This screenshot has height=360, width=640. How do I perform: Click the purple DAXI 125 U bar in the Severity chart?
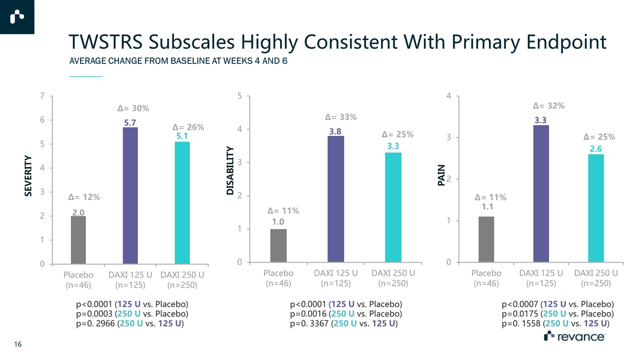tap(130, 195)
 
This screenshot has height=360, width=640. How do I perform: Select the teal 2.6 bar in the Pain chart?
tap(595, 208)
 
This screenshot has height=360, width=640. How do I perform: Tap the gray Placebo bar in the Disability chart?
tap(278, 245)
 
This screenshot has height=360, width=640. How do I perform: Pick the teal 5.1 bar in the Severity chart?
tap(182, 202)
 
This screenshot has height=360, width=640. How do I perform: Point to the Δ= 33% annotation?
tap(340, 117)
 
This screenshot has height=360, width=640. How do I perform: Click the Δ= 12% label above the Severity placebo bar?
tap(84, 197)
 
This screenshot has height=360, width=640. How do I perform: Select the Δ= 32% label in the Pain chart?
tap(548, 105)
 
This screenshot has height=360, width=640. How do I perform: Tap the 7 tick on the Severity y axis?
tap(43, 95)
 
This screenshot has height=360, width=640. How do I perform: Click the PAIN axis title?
tap(441, 176)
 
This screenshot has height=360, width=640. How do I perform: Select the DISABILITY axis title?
tap(229, 170)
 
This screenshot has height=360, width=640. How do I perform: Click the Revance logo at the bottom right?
tap(574, 337)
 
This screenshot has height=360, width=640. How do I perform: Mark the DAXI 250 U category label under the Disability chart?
tap(393, 278)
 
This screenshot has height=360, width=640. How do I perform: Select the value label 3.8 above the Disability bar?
tap(335, 131)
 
